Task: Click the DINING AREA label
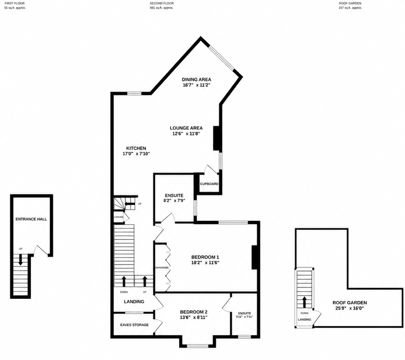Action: (x=196, y=79)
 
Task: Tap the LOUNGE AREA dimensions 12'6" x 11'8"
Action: (x=186, y=134)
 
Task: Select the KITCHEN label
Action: (x=136, y=148)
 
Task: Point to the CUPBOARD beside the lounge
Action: (x=209, y=184)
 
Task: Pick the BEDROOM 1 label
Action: (x=205, y=257)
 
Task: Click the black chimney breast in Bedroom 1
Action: (x=255, y=257)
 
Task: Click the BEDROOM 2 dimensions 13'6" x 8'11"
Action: (x=194, y=317)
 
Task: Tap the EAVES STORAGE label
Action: (x=134, y=325)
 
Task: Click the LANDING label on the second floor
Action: (x=134, y=301)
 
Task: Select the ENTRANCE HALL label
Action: (x=31, y=219)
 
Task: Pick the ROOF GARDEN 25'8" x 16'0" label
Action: (x=350, y=306)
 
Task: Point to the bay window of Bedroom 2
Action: (x=198, y=344)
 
